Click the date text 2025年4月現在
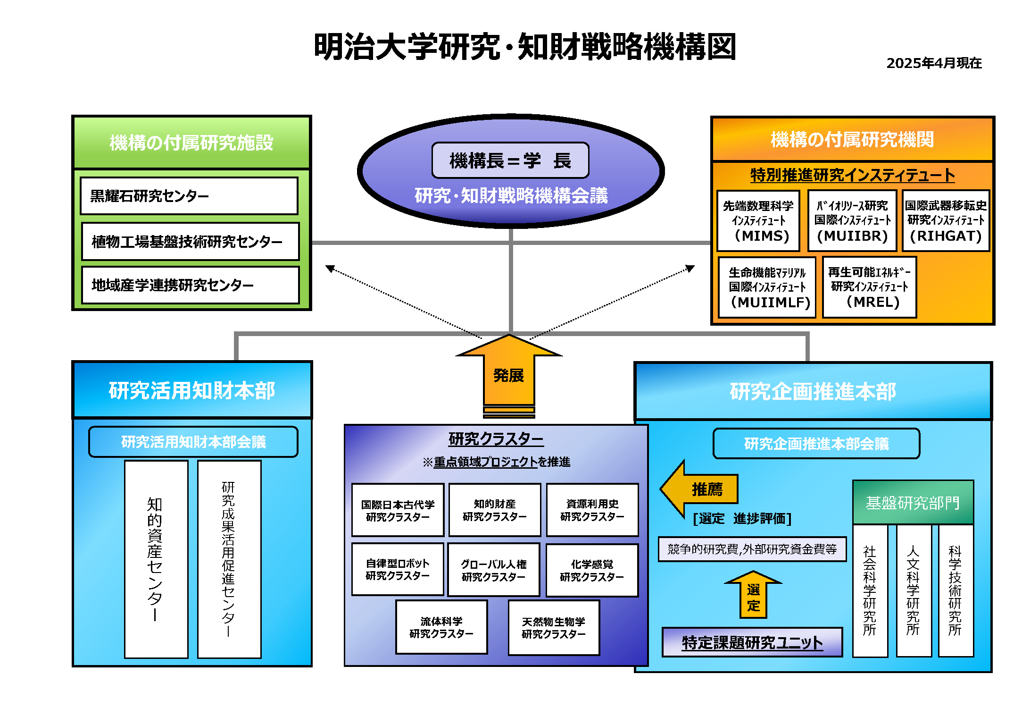point(933,63)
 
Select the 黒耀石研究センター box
point(189,196)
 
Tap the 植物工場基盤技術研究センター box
point(190,242)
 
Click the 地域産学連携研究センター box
point(190,285)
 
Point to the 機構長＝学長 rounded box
point(510,160)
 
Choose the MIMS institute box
point(758,221)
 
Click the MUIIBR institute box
point(852,221)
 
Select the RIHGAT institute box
point(945,221)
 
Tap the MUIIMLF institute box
point(767,287)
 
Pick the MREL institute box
point(869,287)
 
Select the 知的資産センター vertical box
point(156,559)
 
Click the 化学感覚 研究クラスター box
point(592,570)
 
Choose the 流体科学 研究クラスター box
point(441,627)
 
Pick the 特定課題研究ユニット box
point(752,642)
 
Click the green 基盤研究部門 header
point(913,503)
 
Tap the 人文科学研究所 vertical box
point(914,590)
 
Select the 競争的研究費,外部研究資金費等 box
point(752,549)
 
